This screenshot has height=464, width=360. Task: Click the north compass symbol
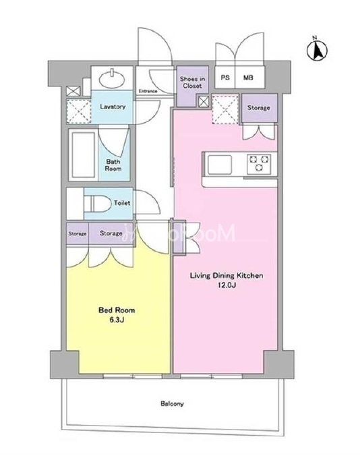click(x=317, y=50)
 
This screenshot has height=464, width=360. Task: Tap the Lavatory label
click(x=113, y=107)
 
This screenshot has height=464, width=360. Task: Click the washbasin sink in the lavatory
click(x=111, y=80)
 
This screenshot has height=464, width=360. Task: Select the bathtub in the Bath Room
click(x=83, y=154)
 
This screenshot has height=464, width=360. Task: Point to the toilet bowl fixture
click(x=94, y=203)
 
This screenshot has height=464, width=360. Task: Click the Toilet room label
click(x=122, y=203)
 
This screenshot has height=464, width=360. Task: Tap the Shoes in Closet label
click(x=192, y=82)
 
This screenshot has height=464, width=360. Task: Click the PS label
click(x=225, y=78)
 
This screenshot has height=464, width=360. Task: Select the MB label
click(x=248, y=78)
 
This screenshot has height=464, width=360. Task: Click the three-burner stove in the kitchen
click(x=260, y=164)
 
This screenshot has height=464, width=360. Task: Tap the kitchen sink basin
click(x=220, y=165)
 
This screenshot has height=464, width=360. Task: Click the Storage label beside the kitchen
click(x=258, y=108)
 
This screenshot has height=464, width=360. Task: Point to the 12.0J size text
click(x=227, y=285)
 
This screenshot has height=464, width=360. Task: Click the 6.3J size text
click(x=117, y=320)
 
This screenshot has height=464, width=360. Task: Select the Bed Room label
click(x=117, y=310)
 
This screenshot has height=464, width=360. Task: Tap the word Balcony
click(x=172, y=403)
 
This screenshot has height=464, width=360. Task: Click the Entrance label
click(x=148, y=91)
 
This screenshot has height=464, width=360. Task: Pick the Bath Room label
click(x=113, y=165)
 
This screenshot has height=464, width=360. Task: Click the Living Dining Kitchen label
click(x=227, y=275)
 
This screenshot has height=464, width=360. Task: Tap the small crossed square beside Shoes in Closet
click(x=203, y=102)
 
